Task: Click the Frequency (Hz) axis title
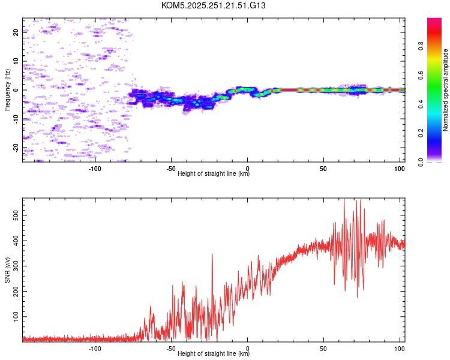(8, 90)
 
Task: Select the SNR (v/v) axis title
(8, 270)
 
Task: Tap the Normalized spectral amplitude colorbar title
(446, 90)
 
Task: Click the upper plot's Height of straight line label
(214, 173)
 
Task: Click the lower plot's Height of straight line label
(214, 353)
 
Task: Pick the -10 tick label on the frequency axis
(16, 119)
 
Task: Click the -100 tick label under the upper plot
(95, 167)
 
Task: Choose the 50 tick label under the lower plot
(323, 347)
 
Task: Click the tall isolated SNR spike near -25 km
(212, 254)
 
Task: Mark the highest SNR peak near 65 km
(344, 200)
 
